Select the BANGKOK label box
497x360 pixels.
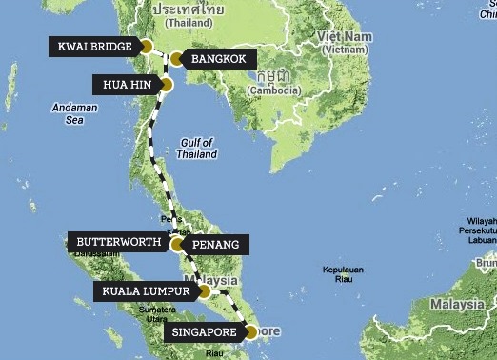(218, 59)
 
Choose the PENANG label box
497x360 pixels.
(219, 245)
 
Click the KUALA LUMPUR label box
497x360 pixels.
(146, 290)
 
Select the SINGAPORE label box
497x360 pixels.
(203, 333)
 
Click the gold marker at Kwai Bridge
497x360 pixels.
(147, 46)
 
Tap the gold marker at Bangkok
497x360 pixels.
(175, 59)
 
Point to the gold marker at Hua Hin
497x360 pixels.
(168, 85)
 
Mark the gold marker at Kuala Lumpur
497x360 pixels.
(203, 290)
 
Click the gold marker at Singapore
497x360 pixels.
(250, 333)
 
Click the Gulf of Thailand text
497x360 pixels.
(197, 149)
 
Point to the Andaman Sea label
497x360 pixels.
(74, 113)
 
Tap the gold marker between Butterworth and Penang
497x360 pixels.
(177, 245)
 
